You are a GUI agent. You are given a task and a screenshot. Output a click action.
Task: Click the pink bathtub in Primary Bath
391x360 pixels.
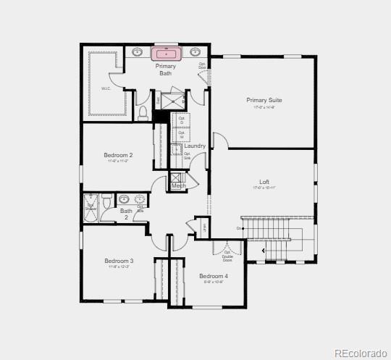coord(167,53)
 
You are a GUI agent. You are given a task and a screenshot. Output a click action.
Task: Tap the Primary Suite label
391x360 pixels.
coord(264,100)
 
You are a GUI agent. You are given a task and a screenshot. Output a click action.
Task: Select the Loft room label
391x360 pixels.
coord(265,182)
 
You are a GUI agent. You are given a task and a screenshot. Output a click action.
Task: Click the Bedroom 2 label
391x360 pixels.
coord(118,155)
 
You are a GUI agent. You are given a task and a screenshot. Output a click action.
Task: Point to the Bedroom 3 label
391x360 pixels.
coord(119,261)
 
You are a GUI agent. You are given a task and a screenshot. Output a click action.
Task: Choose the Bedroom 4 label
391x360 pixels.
coord(214,276)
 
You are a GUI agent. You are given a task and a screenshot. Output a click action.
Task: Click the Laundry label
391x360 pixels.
coord(195,146)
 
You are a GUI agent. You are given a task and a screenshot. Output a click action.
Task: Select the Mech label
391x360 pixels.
coord(178,186)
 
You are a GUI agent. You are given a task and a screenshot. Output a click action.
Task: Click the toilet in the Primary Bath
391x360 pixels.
coord(143,112)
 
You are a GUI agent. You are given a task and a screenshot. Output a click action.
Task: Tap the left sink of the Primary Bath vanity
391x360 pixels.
coord(138,52)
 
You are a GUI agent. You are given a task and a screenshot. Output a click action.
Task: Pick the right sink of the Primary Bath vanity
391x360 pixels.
coord(195,52)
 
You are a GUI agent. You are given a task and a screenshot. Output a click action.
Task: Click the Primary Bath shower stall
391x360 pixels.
coord(172,99)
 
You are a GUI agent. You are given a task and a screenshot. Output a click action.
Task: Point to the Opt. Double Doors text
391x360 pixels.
coord(227,256)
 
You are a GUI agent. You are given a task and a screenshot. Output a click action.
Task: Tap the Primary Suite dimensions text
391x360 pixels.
coord(264,107)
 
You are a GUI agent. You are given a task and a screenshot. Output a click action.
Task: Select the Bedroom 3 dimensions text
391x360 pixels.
coord(119,267)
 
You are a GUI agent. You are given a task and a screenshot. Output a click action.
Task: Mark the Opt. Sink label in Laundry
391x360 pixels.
coord(187,156)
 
